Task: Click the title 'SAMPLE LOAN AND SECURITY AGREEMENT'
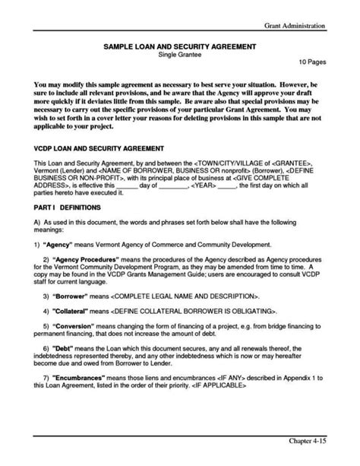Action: coord(180,47)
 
